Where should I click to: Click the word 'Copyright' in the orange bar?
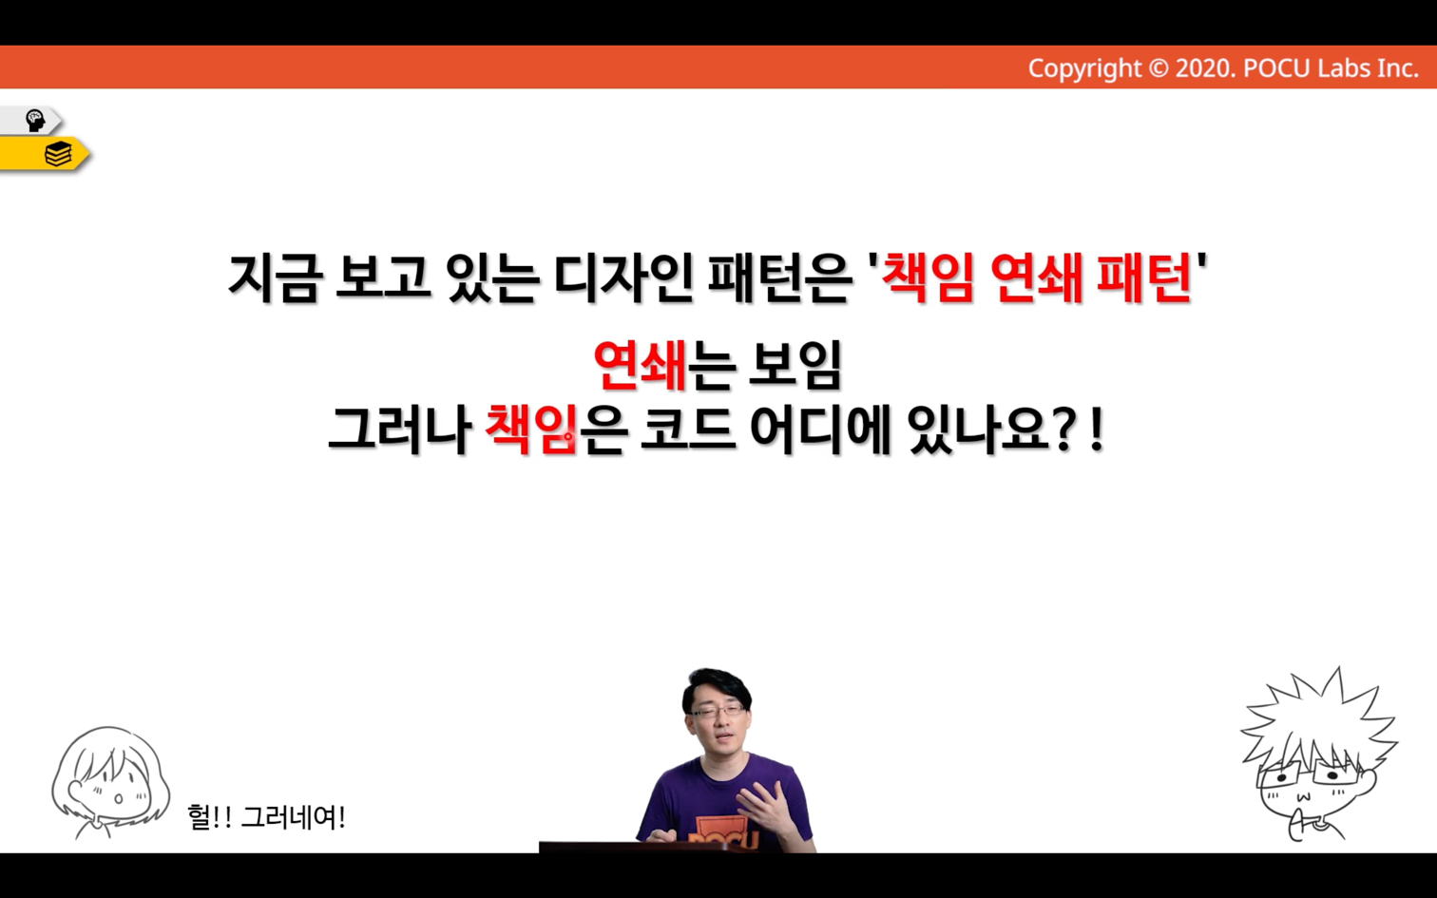click(1084, 68)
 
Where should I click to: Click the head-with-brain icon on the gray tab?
click(34, 120)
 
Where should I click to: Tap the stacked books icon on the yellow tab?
click(58, 154)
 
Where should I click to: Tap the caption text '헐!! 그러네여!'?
click(266, 817)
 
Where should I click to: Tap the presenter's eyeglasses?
click(718, 711)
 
